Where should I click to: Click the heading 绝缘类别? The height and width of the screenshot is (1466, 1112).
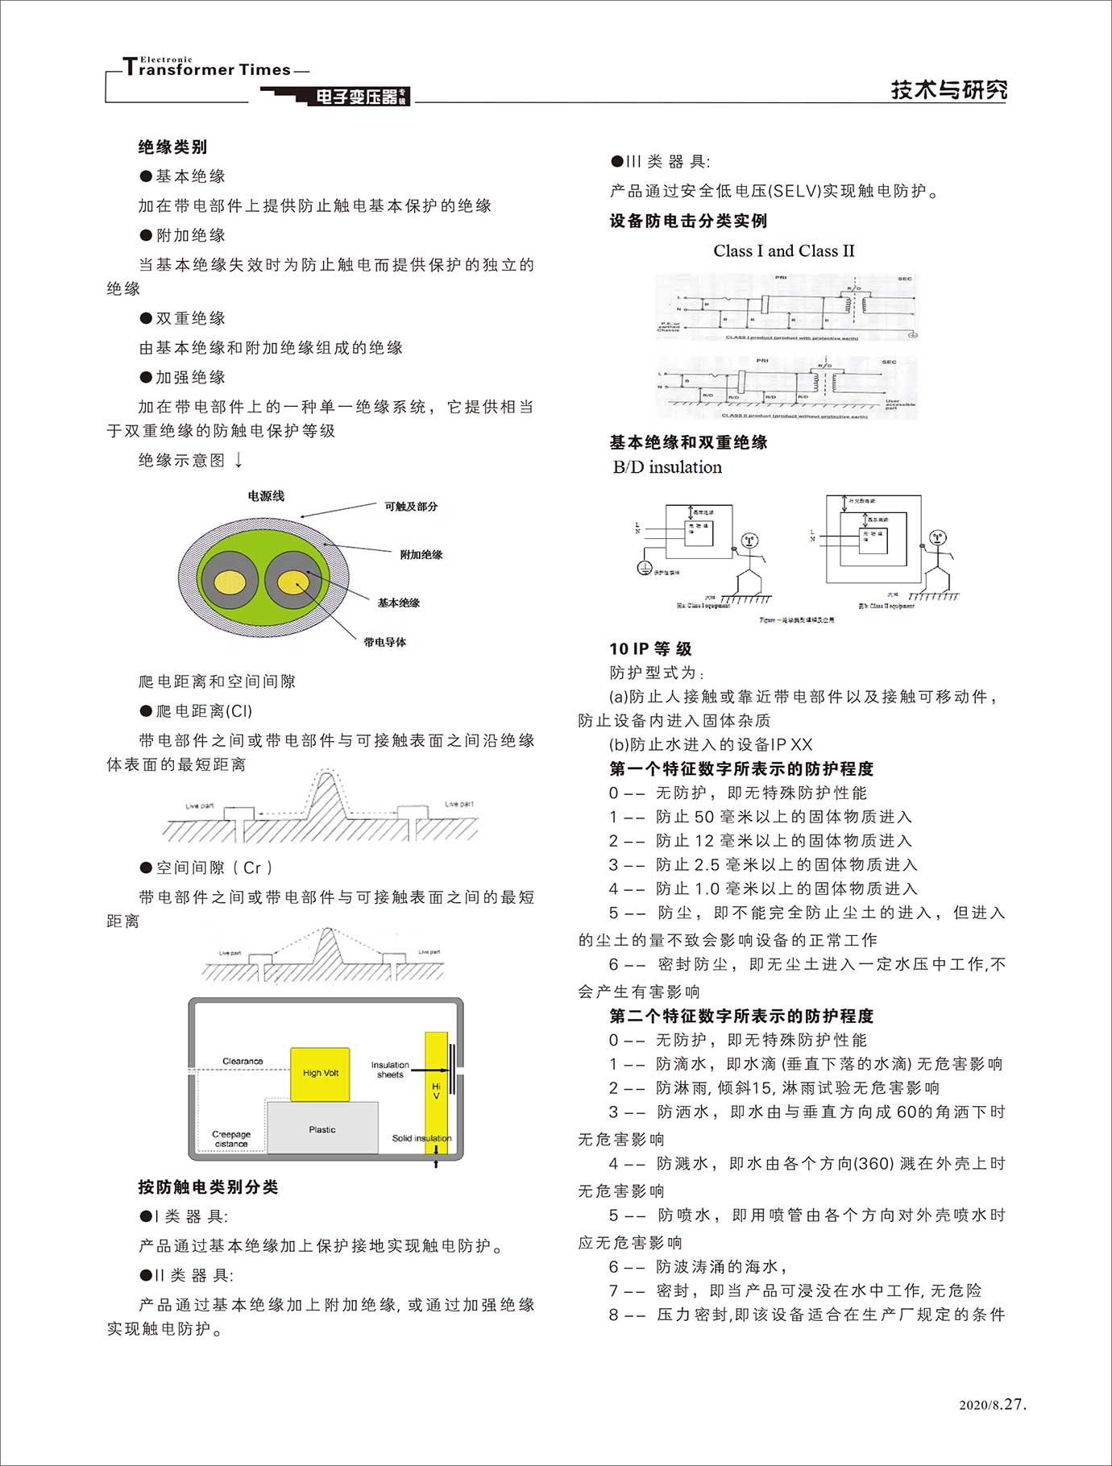point(172,147)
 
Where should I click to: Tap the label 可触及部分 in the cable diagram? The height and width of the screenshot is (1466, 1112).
point(410,507)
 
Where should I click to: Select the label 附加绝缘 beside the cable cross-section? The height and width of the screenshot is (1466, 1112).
point(421,555)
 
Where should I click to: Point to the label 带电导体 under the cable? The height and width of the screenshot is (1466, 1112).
point(384,642)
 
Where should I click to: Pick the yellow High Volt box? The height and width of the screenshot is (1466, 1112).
point(320,1074)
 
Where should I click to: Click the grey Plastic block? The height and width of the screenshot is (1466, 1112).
point(322,1129)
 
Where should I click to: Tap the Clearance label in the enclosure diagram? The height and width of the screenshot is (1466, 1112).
point(243,1061)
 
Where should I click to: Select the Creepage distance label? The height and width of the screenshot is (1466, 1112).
point(231,1139)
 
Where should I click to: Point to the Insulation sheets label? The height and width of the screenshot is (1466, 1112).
point(390,1070)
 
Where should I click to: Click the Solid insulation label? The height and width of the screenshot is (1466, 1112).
point(421,1138)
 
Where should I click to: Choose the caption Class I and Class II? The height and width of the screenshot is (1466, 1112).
point(783,251)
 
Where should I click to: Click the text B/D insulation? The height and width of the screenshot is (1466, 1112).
point(667,467)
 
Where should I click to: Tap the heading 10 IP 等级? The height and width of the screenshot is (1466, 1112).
point(650,648)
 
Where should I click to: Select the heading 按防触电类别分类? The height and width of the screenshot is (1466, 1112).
point(208,1186)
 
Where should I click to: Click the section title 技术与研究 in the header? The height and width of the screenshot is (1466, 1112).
point(948,89)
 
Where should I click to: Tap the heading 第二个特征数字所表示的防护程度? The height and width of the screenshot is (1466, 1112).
point(741,1016)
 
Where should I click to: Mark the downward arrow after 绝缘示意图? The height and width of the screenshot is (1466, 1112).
point(239,460)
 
